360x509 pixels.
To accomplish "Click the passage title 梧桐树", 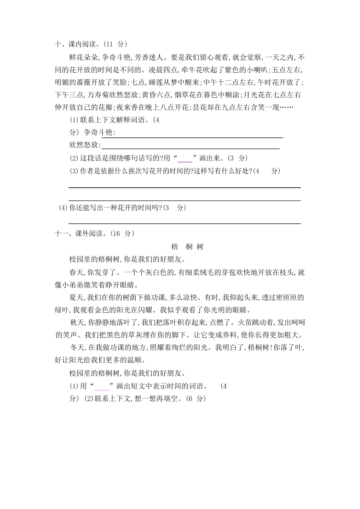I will click(x=187, y=247).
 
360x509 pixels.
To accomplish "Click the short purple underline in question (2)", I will click(x=185, y=161).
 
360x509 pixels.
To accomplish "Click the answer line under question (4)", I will click(x=185, y=223).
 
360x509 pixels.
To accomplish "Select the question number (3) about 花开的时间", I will click(x=74, y=171).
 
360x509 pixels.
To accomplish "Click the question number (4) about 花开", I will click(x=63, y=208).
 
